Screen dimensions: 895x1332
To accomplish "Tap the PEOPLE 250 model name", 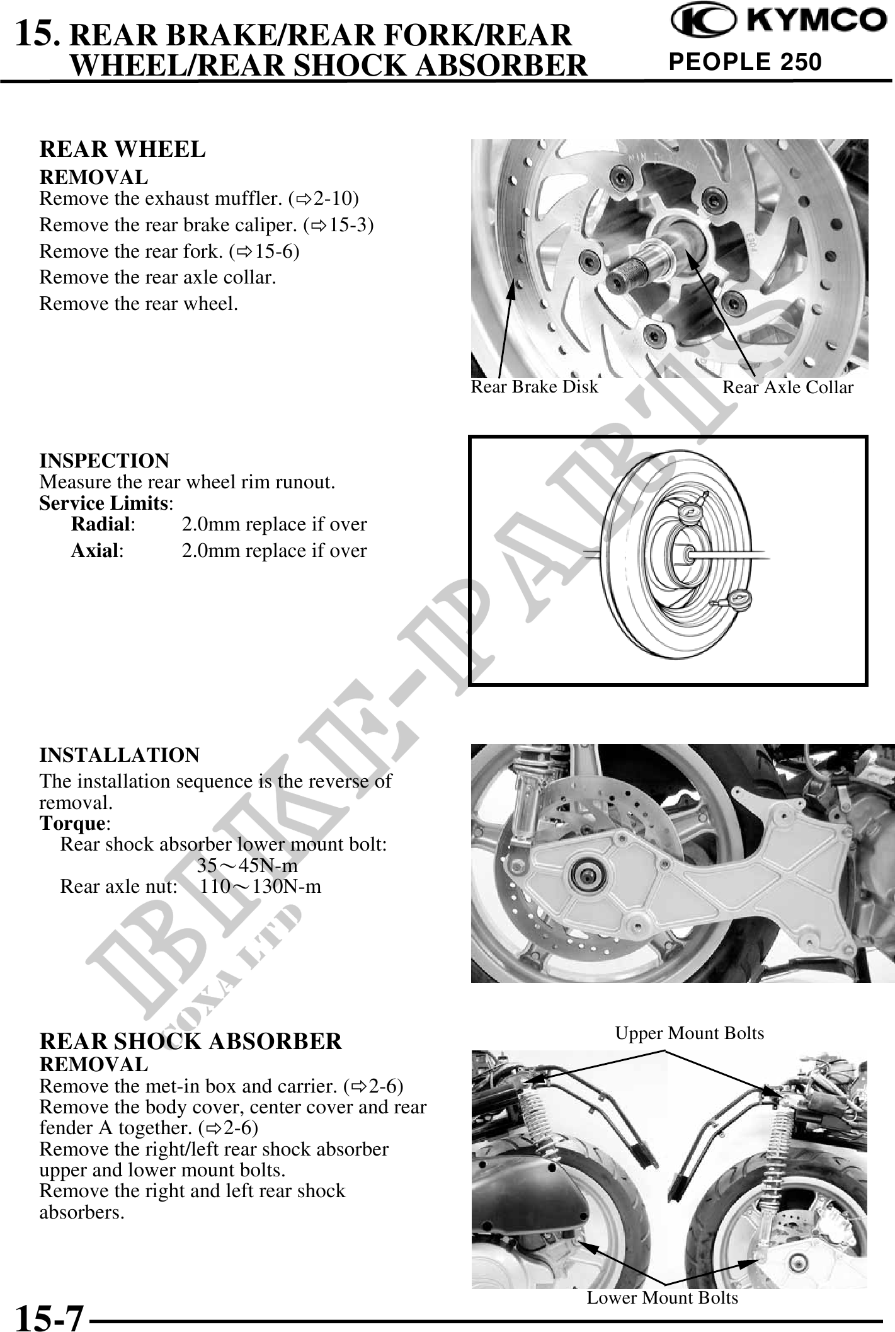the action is click(x=745, y=62).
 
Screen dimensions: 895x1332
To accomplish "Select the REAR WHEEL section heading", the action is click(x=122, y=149).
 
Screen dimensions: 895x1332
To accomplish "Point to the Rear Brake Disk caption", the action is click(x=534, y=386).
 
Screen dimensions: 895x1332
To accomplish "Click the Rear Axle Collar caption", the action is click(x=787, y=387).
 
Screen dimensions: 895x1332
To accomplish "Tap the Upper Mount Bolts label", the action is click(x=690, y=1033).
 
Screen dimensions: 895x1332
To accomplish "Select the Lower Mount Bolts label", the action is click(x=662, y=1297).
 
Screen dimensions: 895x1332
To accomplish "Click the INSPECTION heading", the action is click(x=104, y=461).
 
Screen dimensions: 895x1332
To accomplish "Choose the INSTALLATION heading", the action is click(x=119, y=754).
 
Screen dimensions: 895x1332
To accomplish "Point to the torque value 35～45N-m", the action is click(x=247, y=865).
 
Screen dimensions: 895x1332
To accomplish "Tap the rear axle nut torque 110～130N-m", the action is click(x=261, y=887).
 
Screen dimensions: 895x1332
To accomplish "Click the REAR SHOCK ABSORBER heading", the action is click(x=190, y=1041).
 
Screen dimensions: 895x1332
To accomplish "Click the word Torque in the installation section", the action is click(x=71, y=823).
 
